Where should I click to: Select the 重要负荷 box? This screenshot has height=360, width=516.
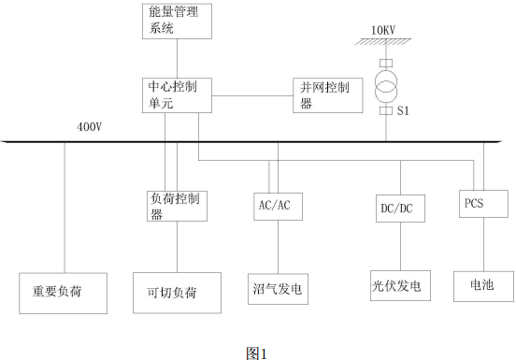tap(64, 292)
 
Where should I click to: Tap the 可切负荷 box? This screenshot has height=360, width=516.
tap(177, 293)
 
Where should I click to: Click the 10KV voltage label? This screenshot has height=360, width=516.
tap(385, 31)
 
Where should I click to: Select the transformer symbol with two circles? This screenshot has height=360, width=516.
tap(385, 84)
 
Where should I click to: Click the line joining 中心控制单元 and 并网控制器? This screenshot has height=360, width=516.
tap(252, 95)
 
